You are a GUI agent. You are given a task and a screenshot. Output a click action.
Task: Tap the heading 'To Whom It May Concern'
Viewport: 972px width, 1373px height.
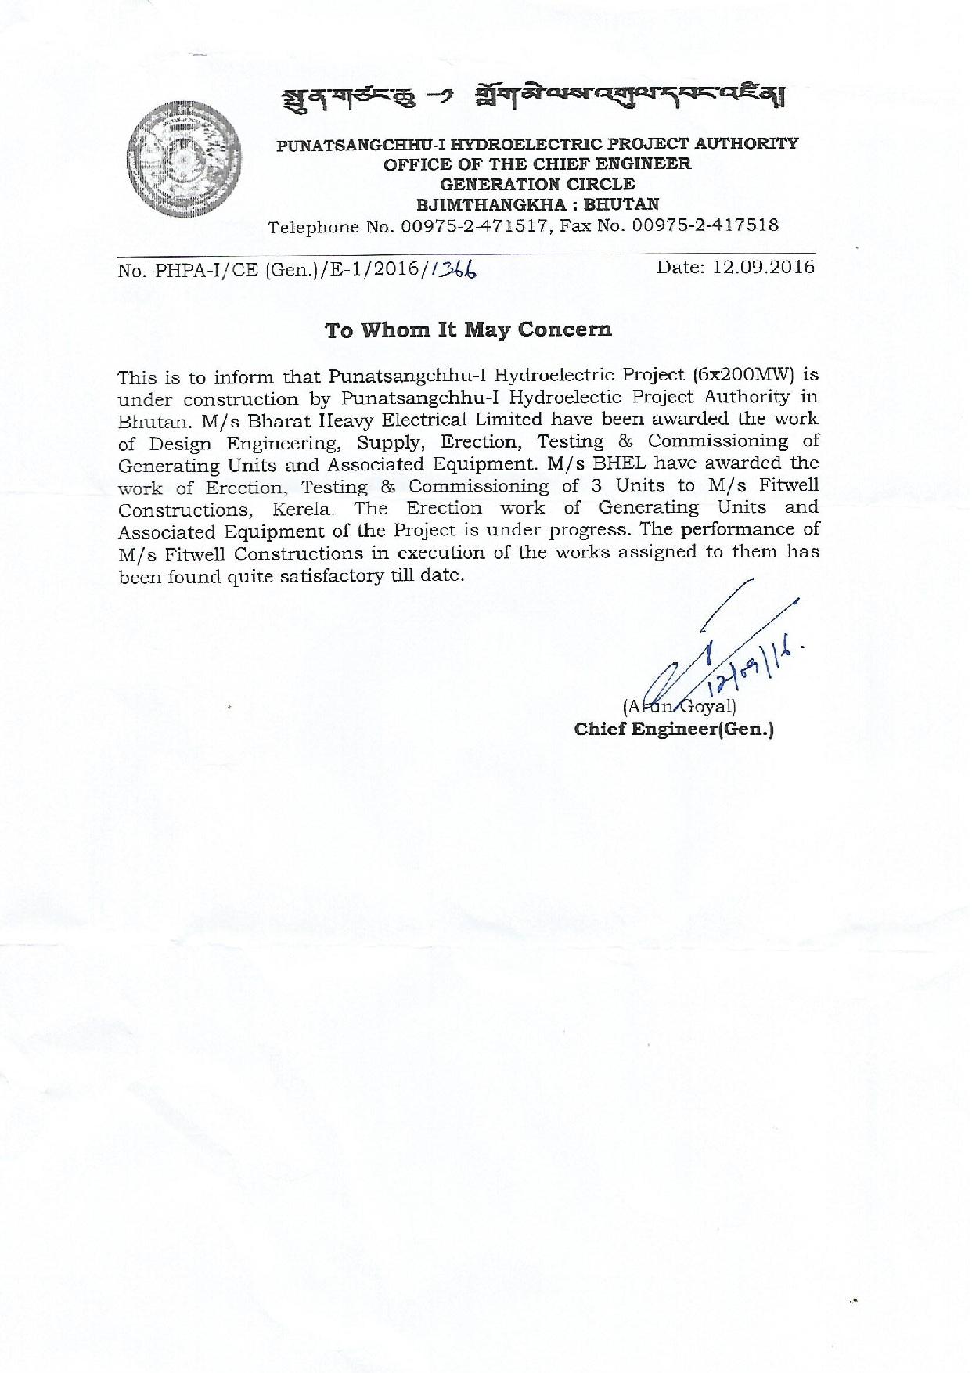[x=468, y=330]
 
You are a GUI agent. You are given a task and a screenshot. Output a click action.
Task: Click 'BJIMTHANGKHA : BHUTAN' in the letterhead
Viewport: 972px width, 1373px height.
[x=538, y=205]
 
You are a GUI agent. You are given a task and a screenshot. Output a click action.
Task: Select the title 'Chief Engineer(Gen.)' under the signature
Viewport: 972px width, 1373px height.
[x=674, y=730]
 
